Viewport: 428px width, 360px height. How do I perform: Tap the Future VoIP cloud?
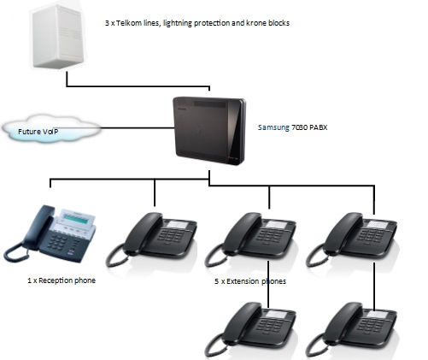pos(47,131)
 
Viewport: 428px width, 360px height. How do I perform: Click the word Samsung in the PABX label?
pos(275,127)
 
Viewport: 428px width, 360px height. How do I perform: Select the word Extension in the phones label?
pos(244,280)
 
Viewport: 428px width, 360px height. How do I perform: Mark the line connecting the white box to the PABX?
pos(137,86)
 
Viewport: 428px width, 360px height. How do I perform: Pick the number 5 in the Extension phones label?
pos(217,280)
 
